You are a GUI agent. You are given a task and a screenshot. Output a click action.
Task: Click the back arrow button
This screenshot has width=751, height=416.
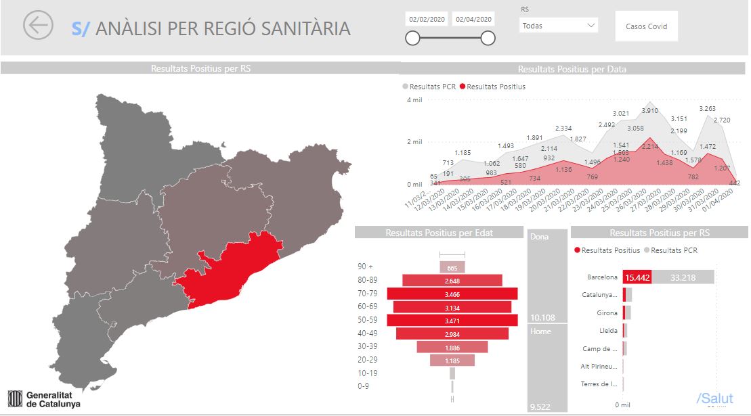pos(38,25)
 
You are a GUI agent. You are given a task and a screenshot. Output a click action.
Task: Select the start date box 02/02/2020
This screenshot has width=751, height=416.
pos(427,19)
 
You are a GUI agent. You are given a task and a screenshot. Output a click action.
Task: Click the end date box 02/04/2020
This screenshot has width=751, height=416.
pos(474,19)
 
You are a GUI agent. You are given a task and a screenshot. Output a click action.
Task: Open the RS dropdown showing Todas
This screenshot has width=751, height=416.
pos(559,26)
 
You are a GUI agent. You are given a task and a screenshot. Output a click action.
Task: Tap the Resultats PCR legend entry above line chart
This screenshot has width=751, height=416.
pos(430,87)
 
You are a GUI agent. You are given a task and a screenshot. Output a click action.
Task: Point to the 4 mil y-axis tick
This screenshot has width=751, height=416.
pos(414,100)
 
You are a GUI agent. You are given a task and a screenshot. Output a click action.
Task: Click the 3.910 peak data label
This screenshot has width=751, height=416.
pos(649,111)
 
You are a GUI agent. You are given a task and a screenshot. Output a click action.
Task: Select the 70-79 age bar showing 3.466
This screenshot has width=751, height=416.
pos(452,294)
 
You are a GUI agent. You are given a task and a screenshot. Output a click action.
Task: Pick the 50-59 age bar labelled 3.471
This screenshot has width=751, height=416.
pos(452,319)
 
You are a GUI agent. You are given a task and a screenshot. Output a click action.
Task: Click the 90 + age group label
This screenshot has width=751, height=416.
pos(366,267)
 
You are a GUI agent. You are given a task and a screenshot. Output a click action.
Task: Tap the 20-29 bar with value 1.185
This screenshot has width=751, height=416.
pos(452,361)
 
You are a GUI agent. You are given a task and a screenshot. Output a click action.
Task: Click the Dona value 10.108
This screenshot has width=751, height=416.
pos(544,317)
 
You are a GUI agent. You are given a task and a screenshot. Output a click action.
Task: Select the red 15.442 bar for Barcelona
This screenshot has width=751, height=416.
pos(637,277)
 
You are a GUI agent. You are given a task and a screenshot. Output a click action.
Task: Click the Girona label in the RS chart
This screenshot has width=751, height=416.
pos(607,313)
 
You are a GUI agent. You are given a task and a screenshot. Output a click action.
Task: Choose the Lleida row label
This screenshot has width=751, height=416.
pos(608,331)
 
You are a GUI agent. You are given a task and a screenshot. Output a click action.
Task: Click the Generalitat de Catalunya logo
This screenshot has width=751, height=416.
pos(43,398)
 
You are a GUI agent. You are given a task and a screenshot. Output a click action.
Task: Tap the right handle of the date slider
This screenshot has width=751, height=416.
pos(488,39)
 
